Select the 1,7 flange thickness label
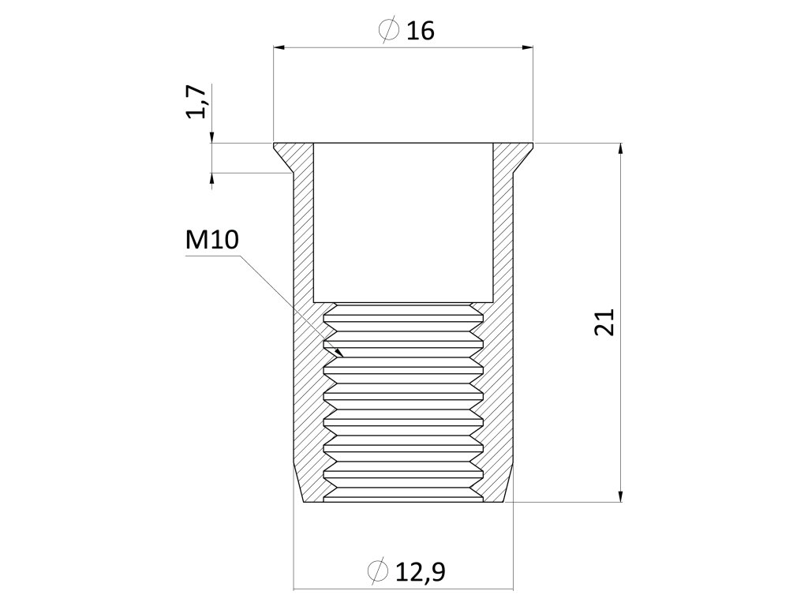197,103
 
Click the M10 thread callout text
211,241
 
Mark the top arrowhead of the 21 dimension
622,149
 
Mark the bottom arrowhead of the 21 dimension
622,495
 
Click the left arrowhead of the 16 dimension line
279,48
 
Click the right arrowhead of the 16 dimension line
527,48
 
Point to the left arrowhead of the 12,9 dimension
299,589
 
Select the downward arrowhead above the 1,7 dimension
212,138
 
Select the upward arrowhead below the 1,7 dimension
212,178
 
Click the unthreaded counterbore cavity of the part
403,221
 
